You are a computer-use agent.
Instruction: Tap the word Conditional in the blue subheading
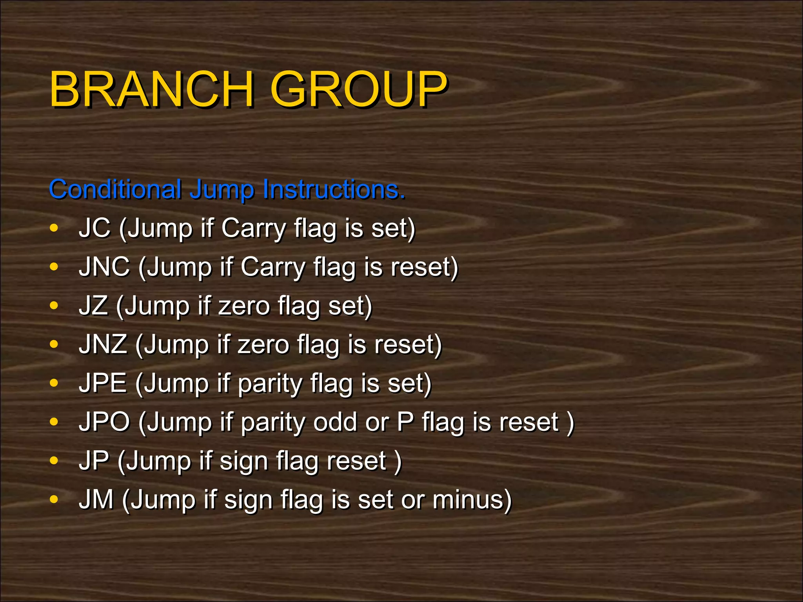click(115, 189)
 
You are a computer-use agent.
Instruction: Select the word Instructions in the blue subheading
click(333, 189)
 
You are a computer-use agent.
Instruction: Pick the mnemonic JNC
click(104, 267)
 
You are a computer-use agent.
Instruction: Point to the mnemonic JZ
click(93, 306)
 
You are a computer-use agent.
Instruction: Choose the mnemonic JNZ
click(103, 345)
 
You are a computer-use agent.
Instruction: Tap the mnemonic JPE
click(103, 383)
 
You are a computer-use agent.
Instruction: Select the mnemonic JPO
click(104, 422)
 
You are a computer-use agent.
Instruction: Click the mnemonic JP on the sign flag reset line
click(94, 461)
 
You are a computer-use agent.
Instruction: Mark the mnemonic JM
click(96, 499)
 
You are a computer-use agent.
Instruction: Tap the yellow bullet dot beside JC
click(54, 228)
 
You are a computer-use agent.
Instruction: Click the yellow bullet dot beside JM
click(54, 500)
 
